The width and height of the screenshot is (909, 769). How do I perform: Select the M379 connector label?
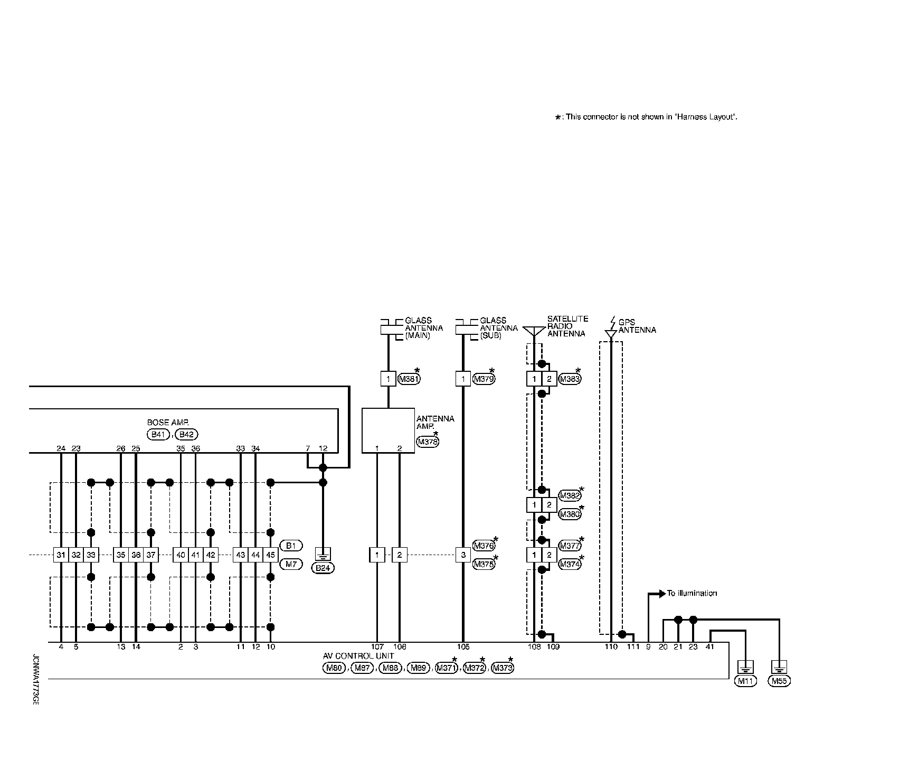pos(484,379)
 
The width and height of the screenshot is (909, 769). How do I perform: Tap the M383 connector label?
pos(570,379)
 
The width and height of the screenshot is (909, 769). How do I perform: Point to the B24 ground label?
pos(323,568)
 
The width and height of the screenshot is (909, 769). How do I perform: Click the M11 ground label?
pos(745,681)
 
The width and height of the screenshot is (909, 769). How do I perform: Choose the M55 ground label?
pos(779,681)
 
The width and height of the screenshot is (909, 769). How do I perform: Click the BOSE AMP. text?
pos(168,423)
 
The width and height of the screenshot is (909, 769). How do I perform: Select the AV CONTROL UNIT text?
pos(358,656)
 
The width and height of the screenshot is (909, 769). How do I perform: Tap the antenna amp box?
pos(388,430)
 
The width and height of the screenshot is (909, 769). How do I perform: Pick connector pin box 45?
pos(271,555)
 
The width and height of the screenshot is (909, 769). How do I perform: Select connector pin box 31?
pos(61,555)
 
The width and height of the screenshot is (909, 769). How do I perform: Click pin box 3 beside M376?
pos(463,555)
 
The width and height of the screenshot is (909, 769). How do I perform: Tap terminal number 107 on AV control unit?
pos(377,647)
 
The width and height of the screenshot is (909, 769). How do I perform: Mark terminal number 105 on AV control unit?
pos(463,647)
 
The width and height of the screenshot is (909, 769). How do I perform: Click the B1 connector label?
pos(291,546)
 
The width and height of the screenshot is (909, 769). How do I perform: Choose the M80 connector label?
pos(334,668)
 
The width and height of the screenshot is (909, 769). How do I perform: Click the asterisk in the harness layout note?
pos(558,117)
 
